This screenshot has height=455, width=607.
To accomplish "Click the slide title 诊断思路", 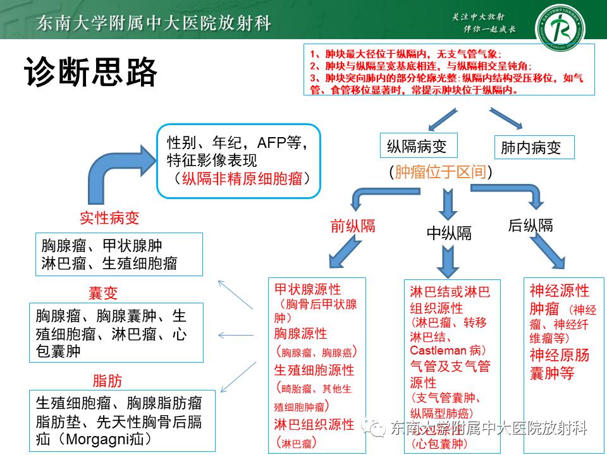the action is pyautogui.click(x=90, y=73).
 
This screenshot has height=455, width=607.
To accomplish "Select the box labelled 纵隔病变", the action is pyautogui.click(x=417, y=147).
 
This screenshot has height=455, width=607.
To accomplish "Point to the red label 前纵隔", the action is pyautogui.click(x=353, y=226).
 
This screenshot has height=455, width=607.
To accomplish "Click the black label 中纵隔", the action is pyautogui.click(x=449, y=233).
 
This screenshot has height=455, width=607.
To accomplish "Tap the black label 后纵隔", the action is pyautogui.click(x=530, y=225).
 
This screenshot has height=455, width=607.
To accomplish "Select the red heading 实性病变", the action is pyautogui.click(x=109, y=218).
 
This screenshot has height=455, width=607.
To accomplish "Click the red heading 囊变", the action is pyautogui.click(x=103, y=293).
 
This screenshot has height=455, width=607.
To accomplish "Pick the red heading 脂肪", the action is pyautogui.click(x=107, y=381).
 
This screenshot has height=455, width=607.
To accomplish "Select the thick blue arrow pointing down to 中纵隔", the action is pyautogui.click(x=449, y=203).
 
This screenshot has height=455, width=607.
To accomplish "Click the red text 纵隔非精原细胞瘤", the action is pyautogui.click(x=243, y=178).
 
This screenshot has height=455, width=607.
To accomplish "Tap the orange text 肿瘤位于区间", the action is pyautogui.click(x=441, y=172).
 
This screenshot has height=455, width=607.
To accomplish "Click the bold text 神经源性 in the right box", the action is pyautogui.click(x=560, y=291).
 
